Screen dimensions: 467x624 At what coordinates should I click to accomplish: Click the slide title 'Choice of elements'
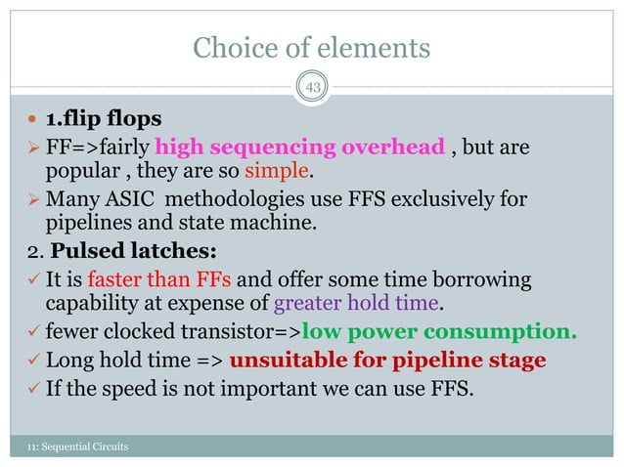[x=311, y=46]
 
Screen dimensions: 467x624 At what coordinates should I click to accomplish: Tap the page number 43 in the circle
[x=314, y=89]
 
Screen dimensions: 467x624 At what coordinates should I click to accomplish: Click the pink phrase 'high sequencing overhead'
[x=299, y=149]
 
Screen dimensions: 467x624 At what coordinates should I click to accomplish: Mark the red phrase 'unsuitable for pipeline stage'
[x=387, y=360]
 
